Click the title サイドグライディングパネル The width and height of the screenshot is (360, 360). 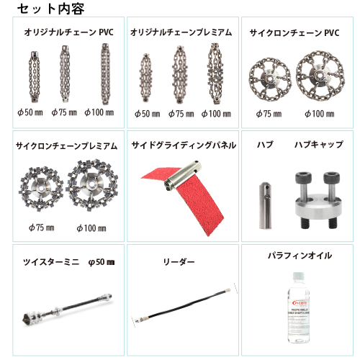point(184,145)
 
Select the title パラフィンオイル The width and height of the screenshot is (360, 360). point(300,256)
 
